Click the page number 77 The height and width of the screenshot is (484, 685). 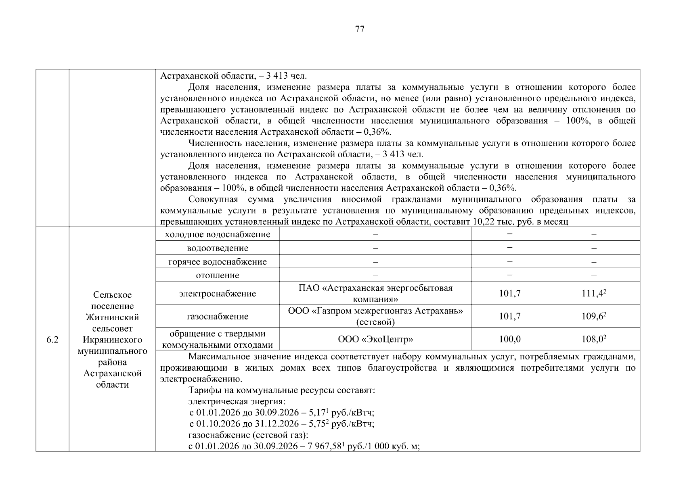[x=360, y=29]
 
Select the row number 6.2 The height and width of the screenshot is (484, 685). [x=52, y=340]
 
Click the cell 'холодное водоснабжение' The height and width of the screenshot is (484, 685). [x=218, y=234]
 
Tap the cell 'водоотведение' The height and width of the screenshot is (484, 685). [x=218, y=248]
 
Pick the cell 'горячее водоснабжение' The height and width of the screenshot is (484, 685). [x=218, y=262]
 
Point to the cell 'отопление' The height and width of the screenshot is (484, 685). [x=218, y=275]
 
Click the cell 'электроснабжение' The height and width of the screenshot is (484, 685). [x=218, y=293]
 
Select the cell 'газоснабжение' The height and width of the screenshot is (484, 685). [x=218, y=316]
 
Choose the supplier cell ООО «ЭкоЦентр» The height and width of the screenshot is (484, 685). [x=375, y=339]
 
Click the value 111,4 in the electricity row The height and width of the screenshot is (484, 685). [x=593, y=294]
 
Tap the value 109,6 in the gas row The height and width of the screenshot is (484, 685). [x=593, y=316]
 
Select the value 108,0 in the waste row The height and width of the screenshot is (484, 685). [x=593, y=339]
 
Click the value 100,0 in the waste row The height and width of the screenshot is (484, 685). [x=509, y=339]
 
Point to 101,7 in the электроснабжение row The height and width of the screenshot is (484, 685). [x=509, y=294]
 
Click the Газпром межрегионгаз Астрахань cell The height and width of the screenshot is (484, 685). [x=375, y=316]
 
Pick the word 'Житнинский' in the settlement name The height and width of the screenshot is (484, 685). [x=112, y=317]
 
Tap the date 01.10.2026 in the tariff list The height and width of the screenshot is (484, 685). [x=218, y=424]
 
